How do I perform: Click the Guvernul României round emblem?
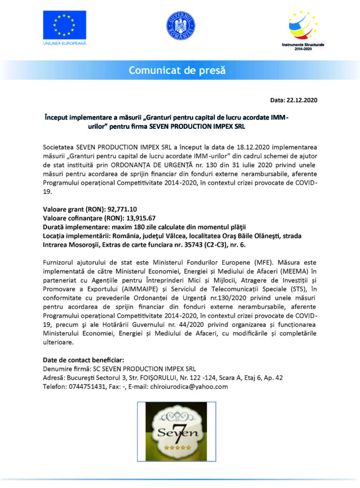click(x=180, y=24)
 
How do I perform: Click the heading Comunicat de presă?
click(x=180, y=70)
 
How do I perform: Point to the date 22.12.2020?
click(x=304, y=100)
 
